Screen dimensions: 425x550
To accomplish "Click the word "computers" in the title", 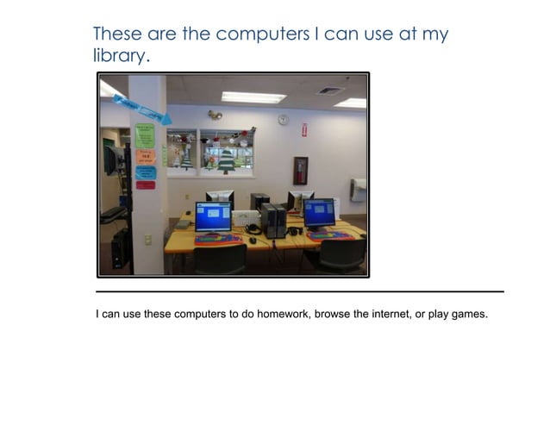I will [x=261, y=34].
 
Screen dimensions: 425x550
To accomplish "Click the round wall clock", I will [x=283, y=119].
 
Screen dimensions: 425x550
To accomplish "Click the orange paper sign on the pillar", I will [x=145, y=156].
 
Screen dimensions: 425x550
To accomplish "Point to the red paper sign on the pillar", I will [x=145, y=184].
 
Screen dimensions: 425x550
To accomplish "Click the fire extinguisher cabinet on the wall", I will [x=300, y=170].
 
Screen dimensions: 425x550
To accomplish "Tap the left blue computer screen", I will [x=213, y=216].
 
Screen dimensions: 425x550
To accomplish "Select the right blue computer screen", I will [x=319, y=211].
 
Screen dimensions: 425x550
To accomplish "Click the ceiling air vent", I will [x=329, y=90].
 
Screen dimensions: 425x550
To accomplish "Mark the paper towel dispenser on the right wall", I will [x=358, y=189].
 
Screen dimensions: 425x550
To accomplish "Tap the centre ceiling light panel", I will [x=253, y=97].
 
